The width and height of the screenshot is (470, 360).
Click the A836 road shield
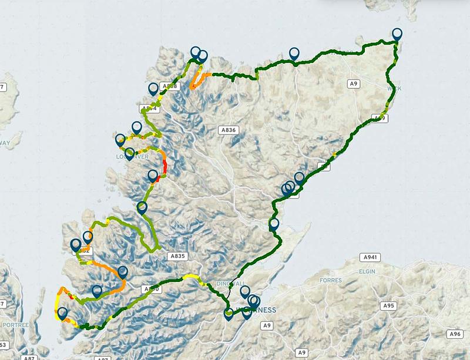point(229,130)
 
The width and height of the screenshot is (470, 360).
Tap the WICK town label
point(394,89)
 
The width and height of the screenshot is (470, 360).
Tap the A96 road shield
point(454,334)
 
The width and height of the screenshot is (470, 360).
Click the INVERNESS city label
point(257,310)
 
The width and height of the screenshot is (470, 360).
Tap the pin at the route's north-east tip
point(398,34)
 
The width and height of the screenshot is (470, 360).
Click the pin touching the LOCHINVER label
point(129,154)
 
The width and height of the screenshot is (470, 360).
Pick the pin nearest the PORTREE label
point(62,314)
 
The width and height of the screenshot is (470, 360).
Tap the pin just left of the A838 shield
point(154,89)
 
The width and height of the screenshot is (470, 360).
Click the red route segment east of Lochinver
point(165,167)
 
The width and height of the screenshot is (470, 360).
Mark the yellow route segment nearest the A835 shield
point(190,276)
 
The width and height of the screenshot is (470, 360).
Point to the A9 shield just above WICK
point(353,84)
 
